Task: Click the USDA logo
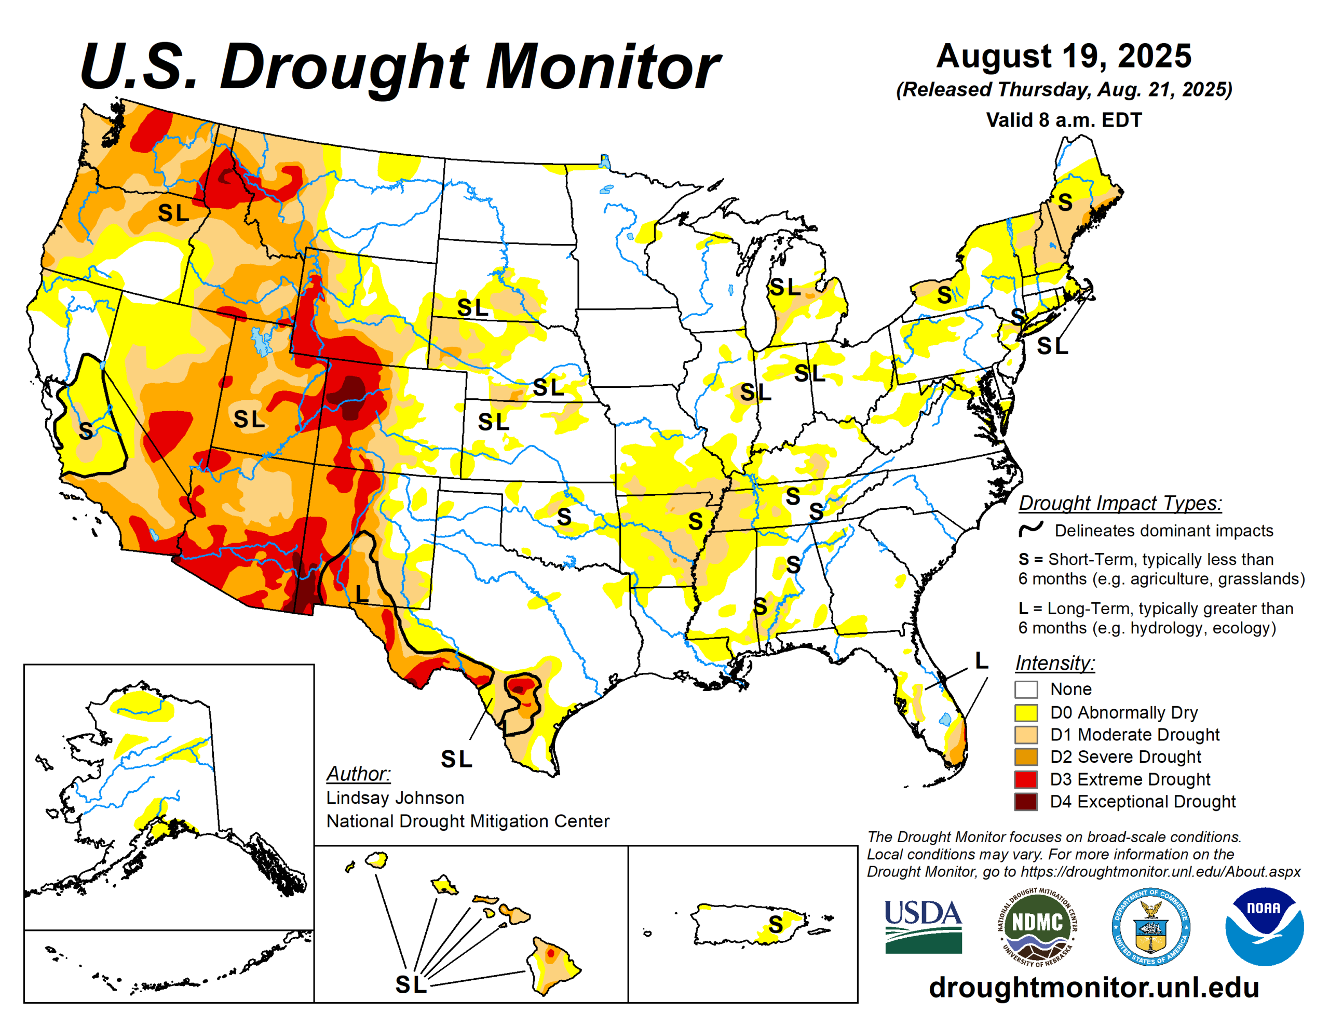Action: [923, 926]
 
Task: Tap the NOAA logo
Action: [1264, 926]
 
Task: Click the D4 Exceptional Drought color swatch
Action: [1025, 801]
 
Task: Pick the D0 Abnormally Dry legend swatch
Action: [1025, 712]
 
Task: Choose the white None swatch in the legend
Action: [1025, 690]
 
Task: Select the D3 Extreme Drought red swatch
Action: [1025, 779]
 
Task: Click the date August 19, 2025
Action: [1063, 56]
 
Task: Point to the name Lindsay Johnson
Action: [395, 798]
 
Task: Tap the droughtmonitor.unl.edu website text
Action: [1093, 988]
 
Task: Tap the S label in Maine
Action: [1064, 202]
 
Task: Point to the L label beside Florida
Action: [981, 660]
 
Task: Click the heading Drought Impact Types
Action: [1120, 504]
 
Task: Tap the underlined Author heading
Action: [358, 774]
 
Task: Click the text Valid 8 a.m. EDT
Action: [1063, 120]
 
